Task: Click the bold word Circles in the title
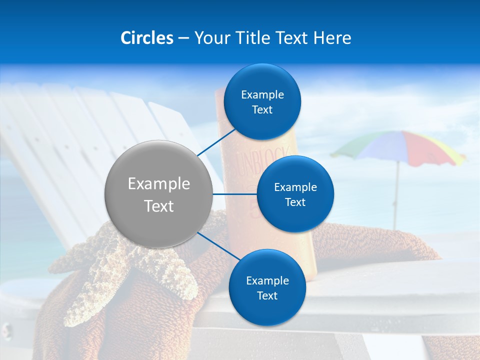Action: coord(146,38)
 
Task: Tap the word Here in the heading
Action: coord(332,38)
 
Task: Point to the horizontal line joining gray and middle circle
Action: coord(234,194)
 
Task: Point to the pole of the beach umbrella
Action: coord(395,200)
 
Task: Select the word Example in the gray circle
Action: coord(159,184)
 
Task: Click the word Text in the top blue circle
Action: coord(262,110)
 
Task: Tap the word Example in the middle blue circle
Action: coord(295,187)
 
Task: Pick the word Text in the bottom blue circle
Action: coord(267,295)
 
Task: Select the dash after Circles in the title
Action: coord(183,38)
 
